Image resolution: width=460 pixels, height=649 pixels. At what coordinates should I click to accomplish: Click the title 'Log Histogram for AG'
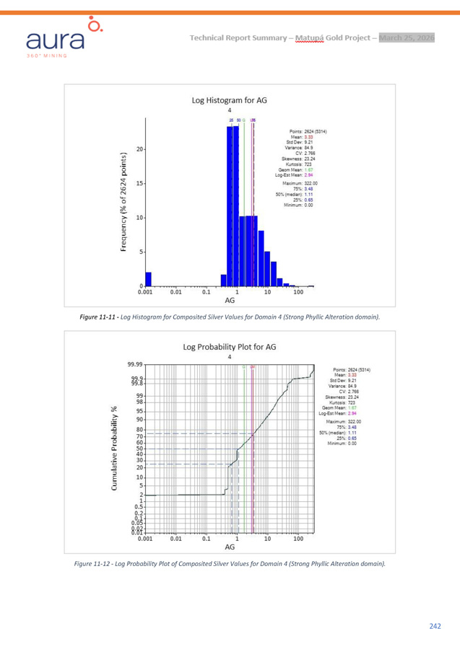(x=230, y=100)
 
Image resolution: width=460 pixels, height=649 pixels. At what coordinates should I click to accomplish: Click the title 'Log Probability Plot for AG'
(x=230, y=345)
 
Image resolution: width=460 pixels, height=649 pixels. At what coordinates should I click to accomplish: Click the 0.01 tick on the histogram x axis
(x=175, y=293)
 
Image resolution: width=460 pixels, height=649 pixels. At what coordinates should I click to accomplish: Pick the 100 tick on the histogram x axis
(x=298, y=293)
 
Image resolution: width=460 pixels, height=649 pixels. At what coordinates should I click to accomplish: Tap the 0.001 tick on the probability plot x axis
(x=145, y=537)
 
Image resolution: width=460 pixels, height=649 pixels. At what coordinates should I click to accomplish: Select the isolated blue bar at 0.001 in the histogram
(x=148, y=279)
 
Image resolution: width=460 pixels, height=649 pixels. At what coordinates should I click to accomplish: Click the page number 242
(x=435, y=626)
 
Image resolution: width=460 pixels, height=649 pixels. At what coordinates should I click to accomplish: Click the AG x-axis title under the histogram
(x=230, y=301)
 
